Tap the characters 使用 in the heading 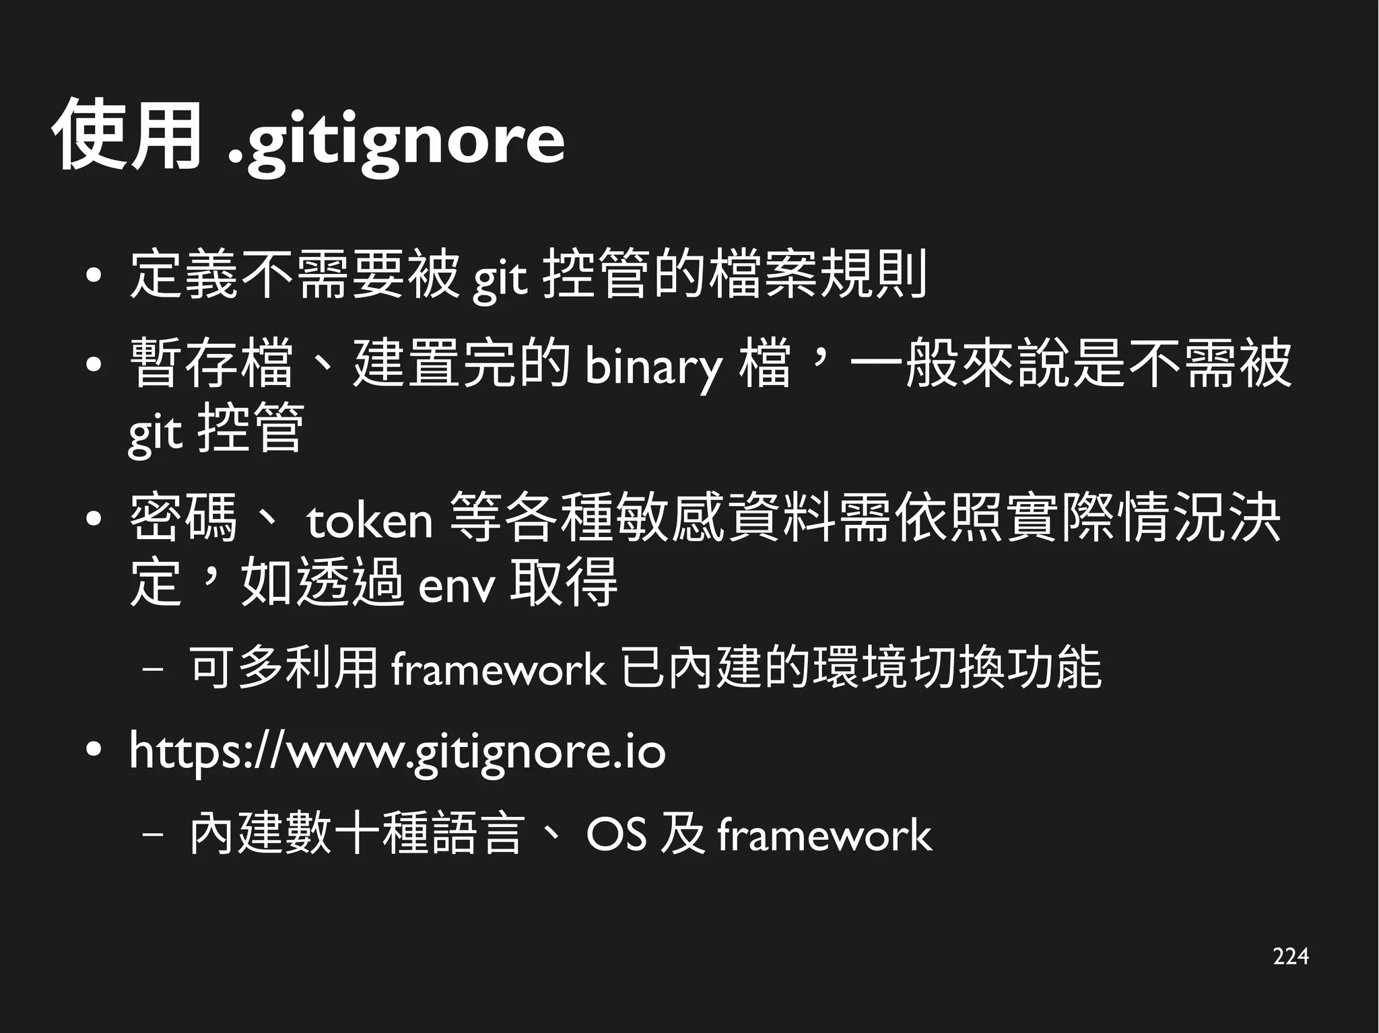coord(127,135)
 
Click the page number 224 coord(1290,956)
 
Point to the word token coord(369,520)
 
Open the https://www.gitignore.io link coord(397,752)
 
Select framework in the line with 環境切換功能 coord(498,670)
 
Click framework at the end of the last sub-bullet coord(824,835)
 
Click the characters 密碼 coord(183,518)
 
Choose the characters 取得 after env coord(563,582)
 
